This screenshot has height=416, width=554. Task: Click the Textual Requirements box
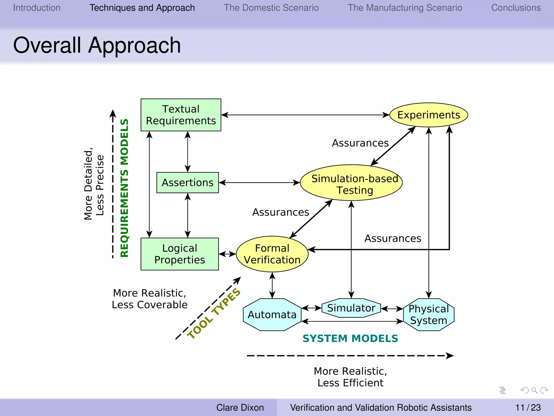(181, 115)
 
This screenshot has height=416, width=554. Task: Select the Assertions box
(187, 183)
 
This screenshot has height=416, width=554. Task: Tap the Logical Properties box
(180, 254)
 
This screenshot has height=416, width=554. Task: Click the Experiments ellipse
(428, 115)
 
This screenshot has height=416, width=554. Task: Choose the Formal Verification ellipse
(272, 254)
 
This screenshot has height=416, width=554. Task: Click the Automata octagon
(272, 315)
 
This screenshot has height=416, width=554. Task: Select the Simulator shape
(351, 308)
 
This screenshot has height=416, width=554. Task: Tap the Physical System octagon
(428, 315)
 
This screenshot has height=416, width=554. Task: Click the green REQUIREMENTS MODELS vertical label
(124, 188)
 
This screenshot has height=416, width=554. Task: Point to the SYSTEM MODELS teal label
(350, 339)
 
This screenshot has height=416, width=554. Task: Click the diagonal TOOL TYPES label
(214, 314)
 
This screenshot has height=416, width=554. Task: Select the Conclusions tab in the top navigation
(516, 8)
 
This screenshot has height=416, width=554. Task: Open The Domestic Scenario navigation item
(271, 8)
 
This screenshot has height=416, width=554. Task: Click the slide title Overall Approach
(97, 45)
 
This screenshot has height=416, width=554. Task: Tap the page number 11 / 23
(528, 407)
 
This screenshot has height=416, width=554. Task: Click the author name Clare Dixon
(240, 407)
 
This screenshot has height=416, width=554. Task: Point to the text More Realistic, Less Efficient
(350, 377)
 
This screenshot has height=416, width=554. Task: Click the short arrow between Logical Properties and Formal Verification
(227, 254)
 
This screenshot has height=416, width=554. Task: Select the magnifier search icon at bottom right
(534, 390)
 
